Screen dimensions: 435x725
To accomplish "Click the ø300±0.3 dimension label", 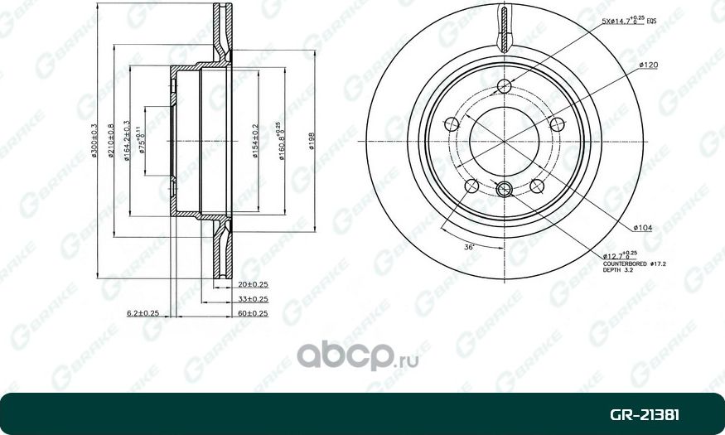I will pyautogui.click(x=95, y=141).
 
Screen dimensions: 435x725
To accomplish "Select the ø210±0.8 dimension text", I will pyautogui.click(x=110, y=141).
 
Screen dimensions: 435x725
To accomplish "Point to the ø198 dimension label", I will pyautogui.click(x=312, y=141).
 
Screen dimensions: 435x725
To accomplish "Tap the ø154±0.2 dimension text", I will pyautogui.click(x=255, y=141).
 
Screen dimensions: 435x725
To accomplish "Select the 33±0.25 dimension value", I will pyautogui.click(x=253, y=298).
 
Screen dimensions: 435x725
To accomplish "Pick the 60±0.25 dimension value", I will pyautogui.click(x=253, y=313).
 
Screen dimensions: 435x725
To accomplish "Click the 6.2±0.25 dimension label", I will pyautogui.click(x=143, y=313).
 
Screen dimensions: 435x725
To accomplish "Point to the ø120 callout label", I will pyautogui.click(x=648, y=64).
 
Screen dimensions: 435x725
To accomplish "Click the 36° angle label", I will pyautogui.click(x=470, y=245).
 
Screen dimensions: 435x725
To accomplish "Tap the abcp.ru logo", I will pyautogui.click(x=358, y=357).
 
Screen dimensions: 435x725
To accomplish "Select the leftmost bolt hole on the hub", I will pyautogui.click(x=452, y=124).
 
